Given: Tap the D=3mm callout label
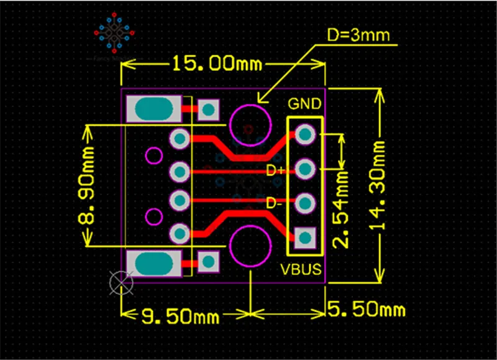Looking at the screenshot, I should click(x=358, y=35).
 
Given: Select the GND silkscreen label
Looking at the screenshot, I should click(x=304, y=103).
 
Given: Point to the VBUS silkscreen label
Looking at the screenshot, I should click(x=302, y=270).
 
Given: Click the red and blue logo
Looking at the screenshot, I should click(x=116, y=35).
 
